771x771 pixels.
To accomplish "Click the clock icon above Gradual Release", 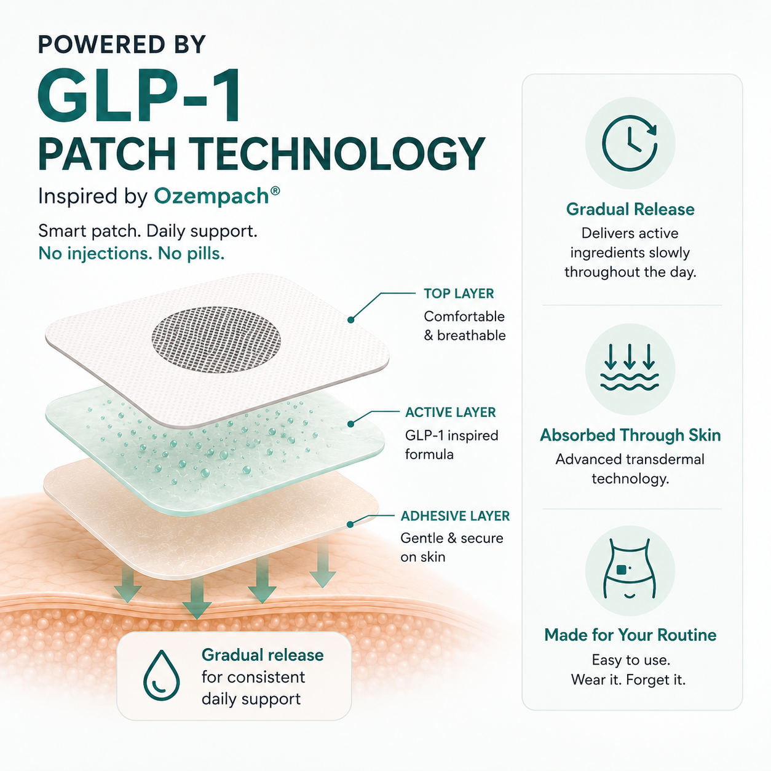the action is (x=630, y=143).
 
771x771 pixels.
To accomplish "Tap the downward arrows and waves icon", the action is (x=630, y=366).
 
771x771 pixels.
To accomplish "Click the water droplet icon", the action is (x=161, y=676).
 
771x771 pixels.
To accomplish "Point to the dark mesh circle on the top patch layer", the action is (x=216, y=339).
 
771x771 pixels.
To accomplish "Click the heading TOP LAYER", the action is (x=459, y=294).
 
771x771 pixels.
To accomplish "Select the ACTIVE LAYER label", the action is (x=450, y=413).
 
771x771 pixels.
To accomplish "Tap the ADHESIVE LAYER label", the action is (x=455, y=516).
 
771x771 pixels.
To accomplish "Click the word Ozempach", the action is (x=212, y=197).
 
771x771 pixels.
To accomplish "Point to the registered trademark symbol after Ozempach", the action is (x=275, y=191).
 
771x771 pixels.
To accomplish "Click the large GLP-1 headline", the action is (x=140, y=96).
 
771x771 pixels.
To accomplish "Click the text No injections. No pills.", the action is (x=131, y=253).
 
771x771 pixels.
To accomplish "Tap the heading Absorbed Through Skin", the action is (x=630, y=435).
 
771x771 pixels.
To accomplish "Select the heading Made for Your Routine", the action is (x=630, y=635).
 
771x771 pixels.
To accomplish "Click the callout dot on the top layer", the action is (x=351, y=320).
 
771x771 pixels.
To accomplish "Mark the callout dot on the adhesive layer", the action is (x=350, y=524).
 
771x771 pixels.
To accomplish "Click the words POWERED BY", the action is (x=122, y=44).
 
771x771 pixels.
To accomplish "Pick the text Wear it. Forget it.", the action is (x=628, y=679).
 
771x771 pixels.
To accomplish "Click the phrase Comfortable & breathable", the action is (x=465, y=326).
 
